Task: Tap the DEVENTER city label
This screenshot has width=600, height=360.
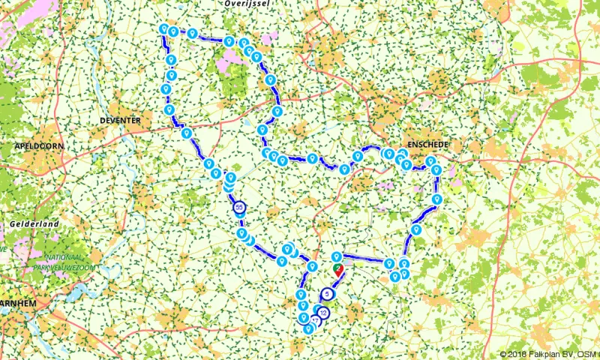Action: (120, 120)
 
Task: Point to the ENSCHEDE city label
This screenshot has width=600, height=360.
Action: (427, 143)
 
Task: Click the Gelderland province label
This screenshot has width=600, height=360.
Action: (29, 224)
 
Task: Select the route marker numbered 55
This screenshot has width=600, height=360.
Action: (239, 206)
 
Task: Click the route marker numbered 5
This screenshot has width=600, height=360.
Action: (328, 294)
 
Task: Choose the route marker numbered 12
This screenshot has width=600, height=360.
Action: (323, 312)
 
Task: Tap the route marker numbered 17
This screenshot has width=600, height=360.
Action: (315, 321)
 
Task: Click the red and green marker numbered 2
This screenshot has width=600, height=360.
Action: (337, 268)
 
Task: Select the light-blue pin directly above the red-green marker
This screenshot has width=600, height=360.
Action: (337, 256)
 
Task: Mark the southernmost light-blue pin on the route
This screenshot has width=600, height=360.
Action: (308, 328)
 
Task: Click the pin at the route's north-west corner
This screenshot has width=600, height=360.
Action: (163, 28)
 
